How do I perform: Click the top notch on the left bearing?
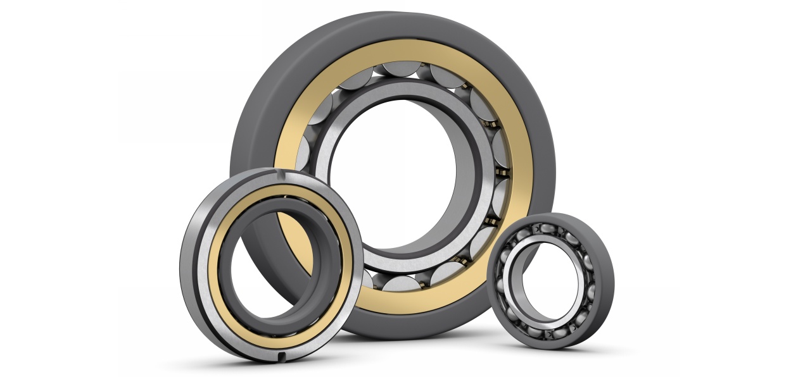(277, 171)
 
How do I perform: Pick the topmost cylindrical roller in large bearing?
(399, 71)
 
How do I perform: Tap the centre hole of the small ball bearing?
(548, 281)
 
